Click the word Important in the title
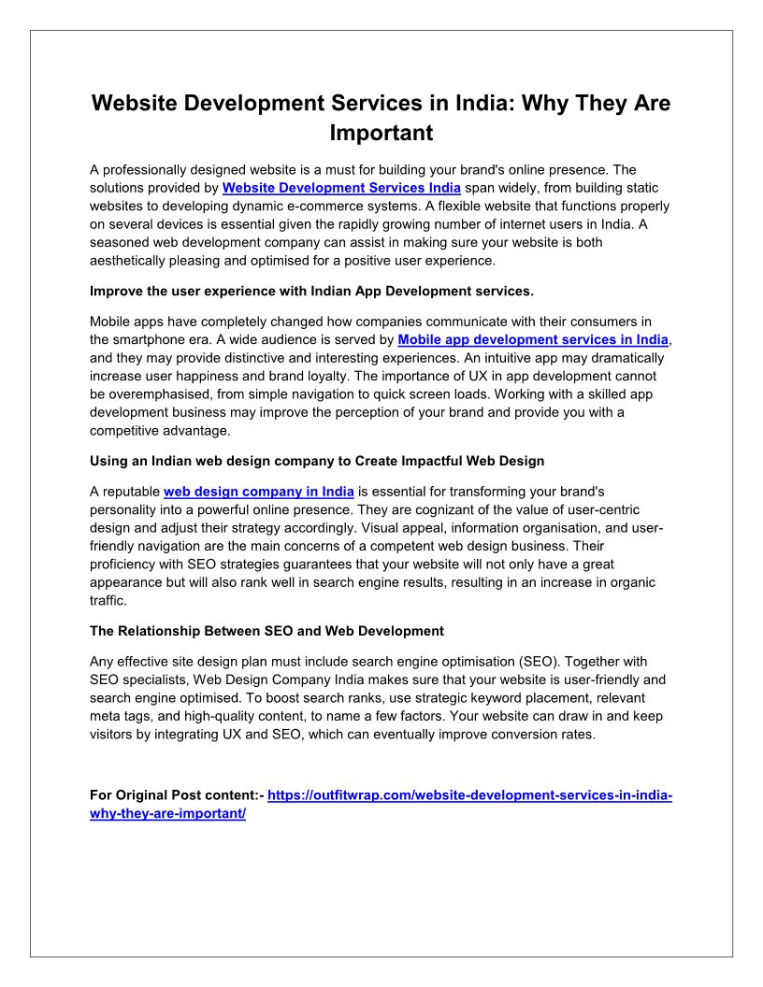pos(381,133)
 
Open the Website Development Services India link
pos(341,187)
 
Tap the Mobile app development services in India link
pos(534,340)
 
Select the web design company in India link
pos(259,491)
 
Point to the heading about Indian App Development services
pos(311,291)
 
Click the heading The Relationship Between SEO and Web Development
pos(266,631)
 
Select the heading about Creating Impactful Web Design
pos(317,461)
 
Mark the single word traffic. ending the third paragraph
pos(108,601)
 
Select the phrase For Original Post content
pos(174,795)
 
